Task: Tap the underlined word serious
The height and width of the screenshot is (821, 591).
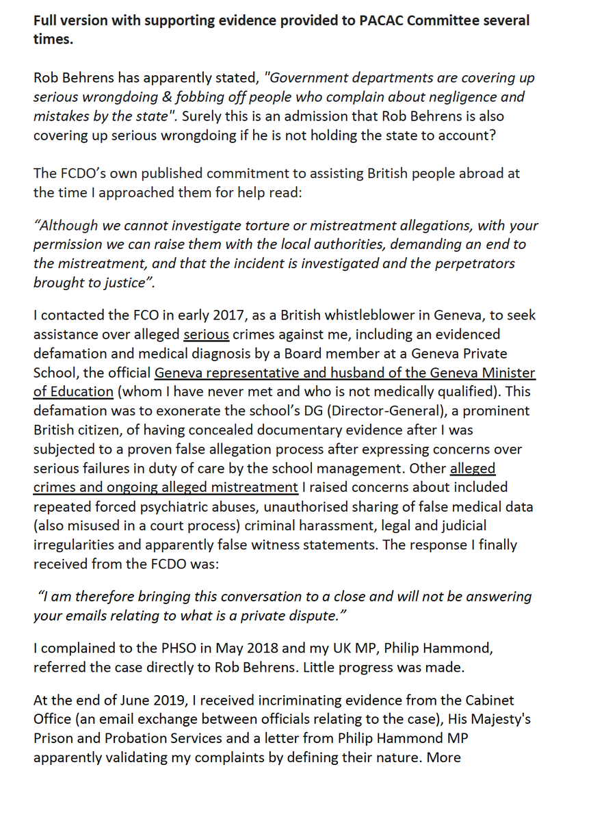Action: pyautogui.click(x=206, y=335)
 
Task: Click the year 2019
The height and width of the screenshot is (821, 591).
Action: pyautogui.click(x=161, y=701)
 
